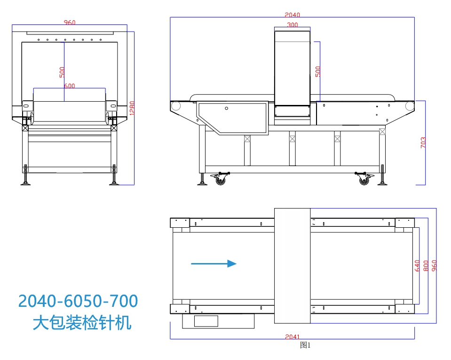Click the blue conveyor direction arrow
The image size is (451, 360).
214,264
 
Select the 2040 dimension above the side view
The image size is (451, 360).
292,15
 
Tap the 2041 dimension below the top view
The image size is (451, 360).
293,336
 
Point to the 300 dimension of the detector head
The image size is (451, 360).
292,25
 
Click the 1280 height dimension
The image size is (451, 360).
132,108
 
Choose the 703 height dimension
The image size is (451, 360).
423,143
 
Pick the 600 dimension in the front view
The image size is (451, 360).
69,86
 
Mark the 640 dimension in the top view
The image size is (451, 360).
417,266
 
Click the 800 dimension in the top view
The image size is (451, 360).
426,266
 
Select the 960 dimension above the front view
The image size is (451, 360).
70,23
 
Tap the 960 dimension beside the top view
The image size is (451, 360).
434,266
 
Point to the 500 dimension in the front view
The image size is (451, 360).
62,72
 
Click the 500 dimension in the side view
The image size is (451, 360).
318,71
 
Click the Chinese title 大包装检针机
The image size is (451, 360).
82,323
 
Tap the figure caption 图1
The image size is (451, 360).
305,345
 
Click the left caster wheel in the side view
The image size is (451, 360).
220,179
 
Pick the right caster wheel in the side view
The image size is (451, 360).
364,179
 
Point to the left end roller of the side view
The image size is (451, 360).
176,106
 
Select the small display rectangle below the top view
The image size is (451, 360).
206,321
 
